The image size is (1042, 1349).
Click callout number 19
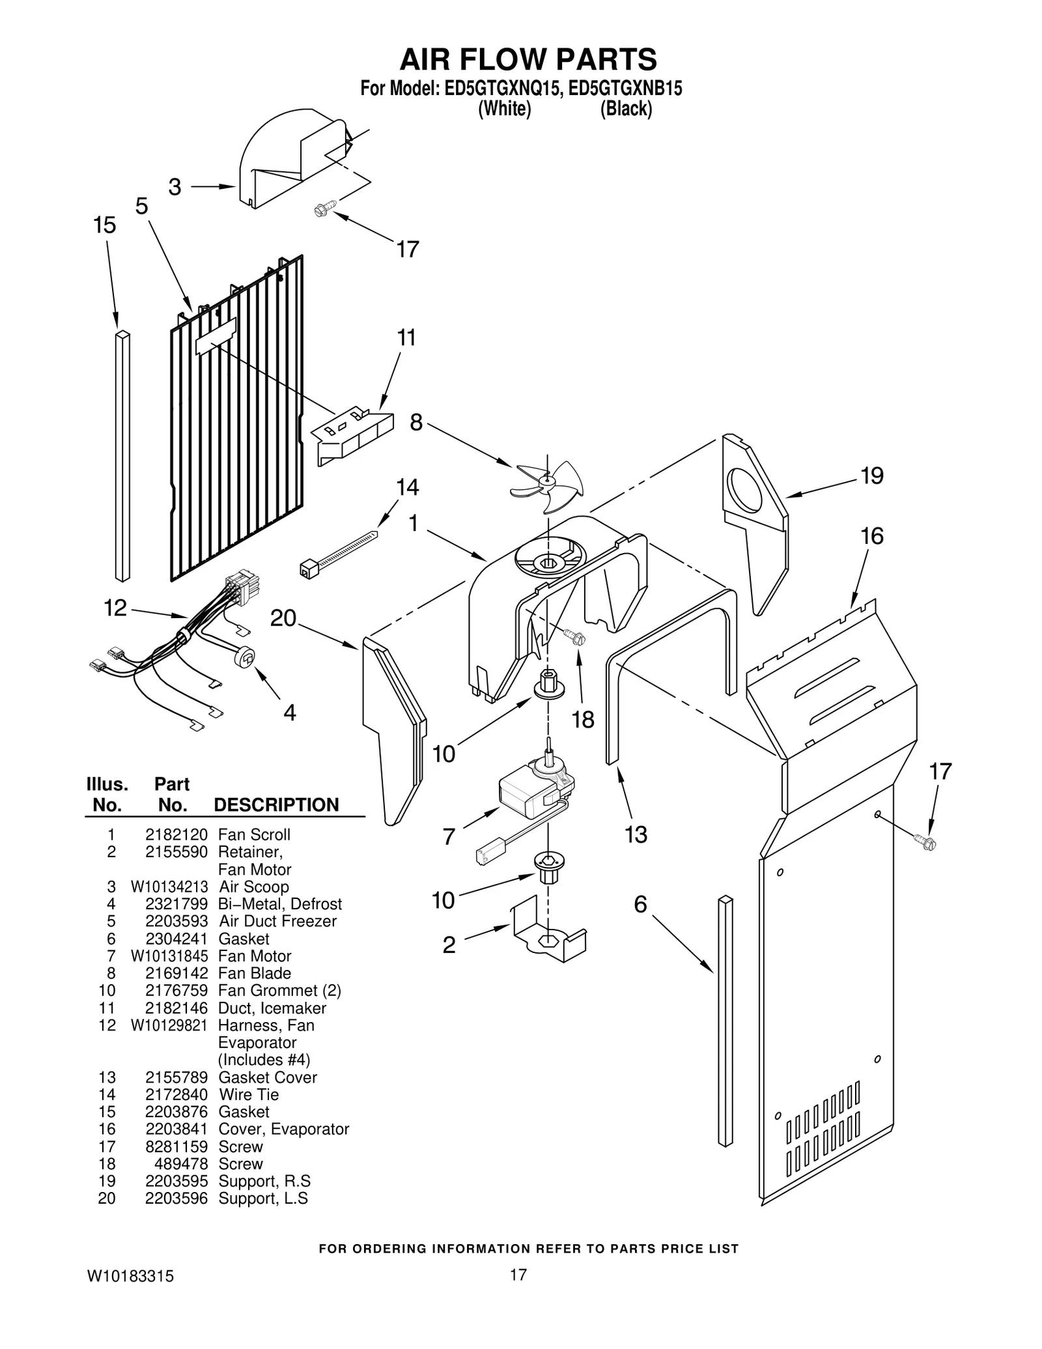tap(871, 476)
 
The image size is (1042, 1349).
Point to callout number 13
tap(636, 834)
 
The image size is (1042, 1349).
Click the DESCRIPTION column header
tap(276, 805)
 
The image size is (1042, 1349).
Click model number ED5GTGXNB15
tap(625, 89)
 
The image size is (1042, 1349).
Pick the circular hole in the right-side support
tap(746, 489)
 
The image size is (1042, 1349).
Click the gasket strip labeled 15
tap(122, 456)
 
